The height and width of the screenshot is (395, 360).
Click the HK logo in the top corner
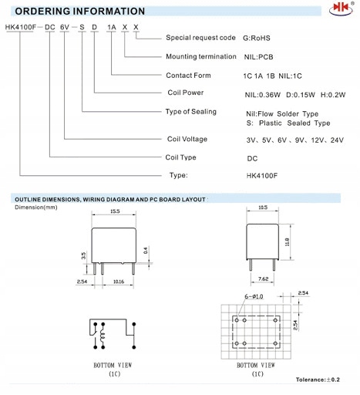341,8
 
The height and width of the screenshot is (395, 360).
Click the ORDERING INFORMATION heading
80,12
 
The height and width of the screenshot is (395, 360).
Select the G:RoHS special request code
257,38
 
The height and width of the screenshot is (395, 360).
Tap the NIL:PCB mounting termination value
258,57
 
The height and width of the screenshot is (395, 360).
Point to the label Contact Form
188,76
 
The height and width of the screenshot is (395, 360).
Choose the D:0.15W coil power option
301,95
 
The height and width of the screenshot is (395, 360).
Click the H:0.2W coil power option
333,95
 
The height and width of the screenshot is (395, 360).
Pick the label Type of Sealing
191,112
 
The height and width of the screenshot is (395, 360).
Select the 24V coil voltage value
337,140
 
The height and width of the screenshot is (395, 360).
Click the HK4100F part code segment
21,27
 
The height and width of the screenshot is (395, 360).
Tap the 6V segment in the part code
65,27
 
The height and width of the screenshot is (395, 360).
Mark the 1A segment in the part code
112,27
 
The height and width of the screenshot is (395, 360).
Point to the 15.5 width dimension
115,211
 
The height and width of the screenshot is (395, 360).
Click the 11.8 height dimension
287,241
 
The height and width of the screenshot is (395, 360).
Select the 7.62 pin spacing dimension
263,279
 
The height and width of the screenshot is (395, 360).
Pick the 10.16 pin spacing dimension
119,282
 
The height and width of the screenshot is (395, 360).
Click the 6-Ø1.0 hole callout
254,296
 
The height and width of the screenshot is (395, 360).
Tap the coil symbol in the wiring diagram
103,336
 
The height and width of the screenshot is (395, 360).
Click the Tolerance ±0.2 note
318,380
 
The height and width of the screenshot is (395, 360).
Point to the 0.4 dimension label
146,251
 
